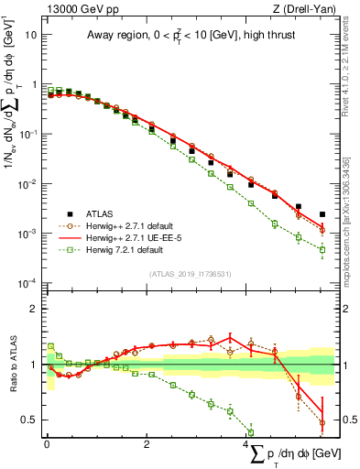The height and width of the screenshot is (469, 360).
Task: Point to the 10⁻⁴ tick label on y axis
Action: (27, 283)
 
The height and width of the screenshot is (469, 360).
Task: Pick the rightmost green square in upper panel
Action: (322, 249)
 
